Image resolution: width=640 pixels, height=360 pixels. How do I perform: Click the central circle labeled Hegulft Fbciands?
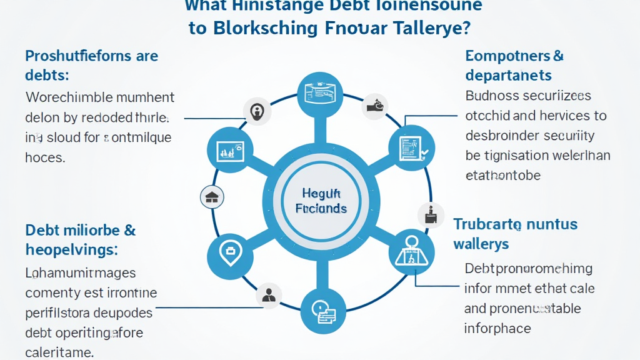319,202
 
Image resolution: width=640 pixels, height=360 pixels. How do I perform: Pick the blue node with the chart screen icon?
226,149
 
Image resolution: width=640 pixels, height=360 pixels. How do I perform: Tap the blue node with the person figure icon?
411,251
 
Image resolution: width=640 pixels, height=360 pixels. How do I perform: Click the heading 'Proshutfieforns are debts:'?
92,65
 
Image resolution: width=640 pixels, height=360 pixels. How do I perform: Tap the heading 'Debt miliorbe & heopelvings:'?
81,239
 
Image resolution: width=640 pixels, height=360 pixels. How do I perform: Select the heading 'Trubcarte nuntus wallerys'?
516,233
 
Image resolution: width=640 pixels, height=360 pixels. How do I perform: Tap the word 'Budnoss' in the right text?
494,96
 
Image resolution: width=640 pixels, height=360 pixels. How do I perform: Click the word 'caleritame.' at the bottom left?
59,352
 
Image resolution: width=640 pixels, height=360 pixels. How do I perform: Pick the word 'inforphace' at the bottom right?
497,328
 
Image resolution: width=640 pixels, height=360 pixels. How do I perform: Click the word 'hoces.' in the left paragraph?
45,157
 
